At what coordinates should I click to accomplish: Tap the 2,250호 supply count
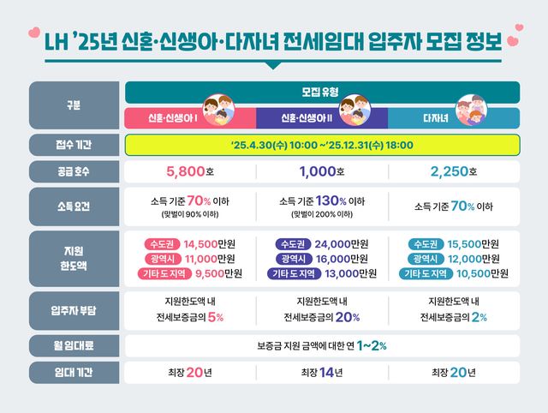click(x=454, y=171)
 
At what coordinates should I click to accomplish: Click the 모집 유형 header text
click(x=322, y=91)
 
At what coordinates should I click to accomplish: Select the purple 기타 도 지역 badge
click(x=290, y=274)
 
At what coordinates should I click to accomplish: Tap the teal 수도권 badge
click(x=429, y=243)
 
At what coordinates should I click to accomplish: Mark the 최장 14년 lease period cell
click(x=322, y=373)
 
